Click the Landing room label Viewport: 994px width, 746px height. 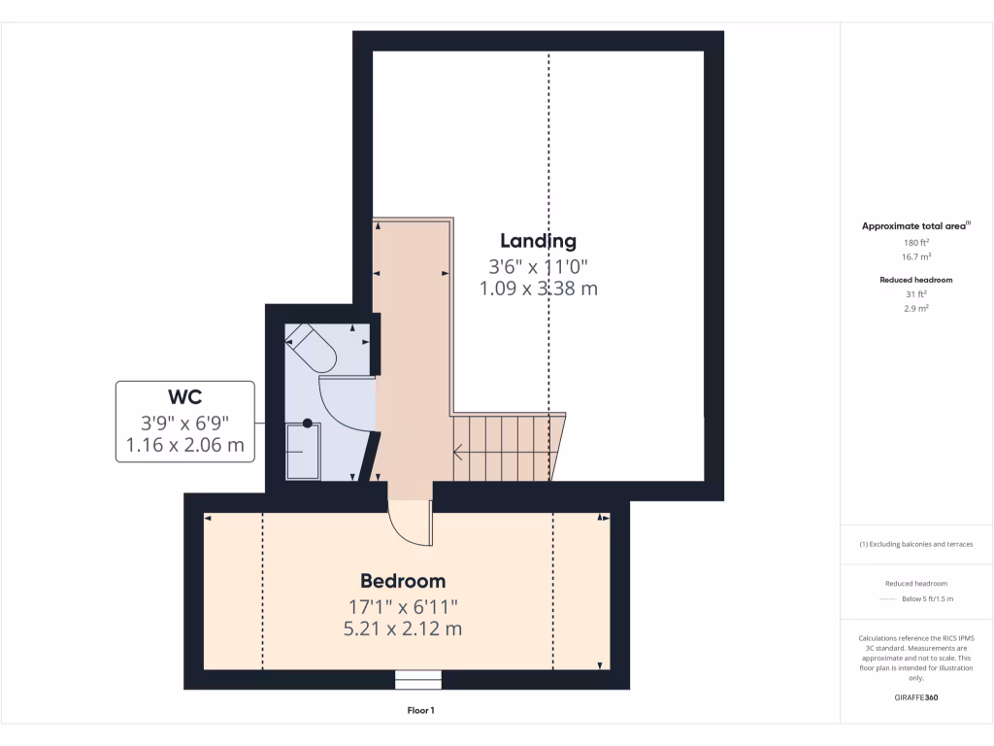(x=538, y=241)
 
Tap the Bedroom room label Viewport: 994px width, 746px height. (x=403, y=581)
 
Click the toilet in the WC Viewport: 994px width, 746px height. (x=312, y=347)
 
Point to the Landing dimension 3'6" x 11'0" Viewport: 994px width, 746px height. (x=539, y=265)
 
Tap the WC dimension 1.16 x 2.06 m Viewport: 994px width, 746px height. (x=184, y=447)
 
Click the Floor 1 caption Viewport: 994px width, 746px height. (x=420, y=711)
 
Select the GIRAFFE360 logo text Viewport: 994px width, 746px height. (x=916, y=697)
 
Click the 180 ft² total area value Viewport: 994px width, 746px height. (x=916, y=242)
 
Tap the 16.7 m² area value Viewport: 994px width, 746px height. (x=916, y=256)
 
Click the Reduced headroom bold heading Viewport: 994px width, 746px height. (x=916, y=280)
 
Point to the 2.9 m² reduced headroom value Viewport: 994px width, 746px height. (x=916, y=308)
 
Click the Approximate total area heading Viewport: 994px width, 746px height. (x=915, y=226)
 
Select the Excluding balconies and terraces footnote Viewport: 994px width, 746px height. (x=916, y=544)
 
